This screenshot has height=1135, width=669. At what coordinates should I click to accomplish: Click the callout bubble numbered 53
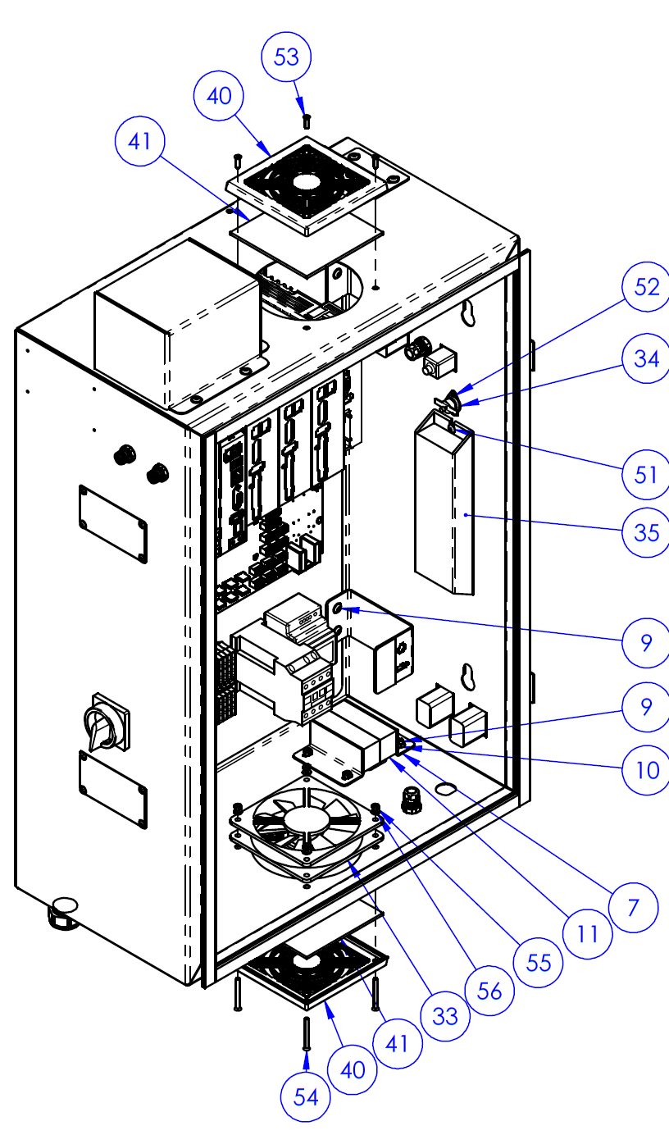point(287,57)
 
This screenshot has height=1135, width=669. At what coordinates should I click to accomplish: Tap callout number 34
point(647,358)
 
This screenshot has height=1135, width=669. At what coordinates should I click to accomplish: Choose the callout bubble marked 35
point(647,532)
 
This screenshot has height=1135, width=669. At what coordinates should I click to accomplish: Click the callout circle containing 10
point(647,770)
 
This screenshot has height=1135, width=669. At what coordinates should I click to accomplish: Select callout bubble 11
point(588,932)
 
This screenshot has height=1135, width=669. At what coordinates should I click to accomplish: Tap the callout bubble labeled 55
point(539,960)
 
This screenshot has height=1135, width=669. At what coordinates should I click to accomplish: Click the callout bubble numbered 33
point(445,1016)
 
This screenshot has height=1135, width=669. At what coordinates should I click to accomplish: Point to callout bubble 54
point(306,1096)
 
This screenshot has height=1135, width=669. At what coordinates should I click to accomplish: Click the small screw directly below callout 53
point(306,121)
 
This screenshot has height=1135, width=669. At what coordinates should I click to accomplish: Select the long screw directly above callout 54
point(306,1033)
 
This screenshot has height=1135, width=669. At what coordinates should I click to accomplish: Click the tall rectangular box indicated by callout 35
point(443,508)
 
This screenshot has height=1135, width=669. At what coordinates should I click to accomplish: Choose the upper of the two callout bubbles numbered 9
point(647,643)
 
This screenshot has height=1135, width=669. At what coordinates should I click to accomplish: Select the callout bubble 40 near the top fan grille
point(219,96)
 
